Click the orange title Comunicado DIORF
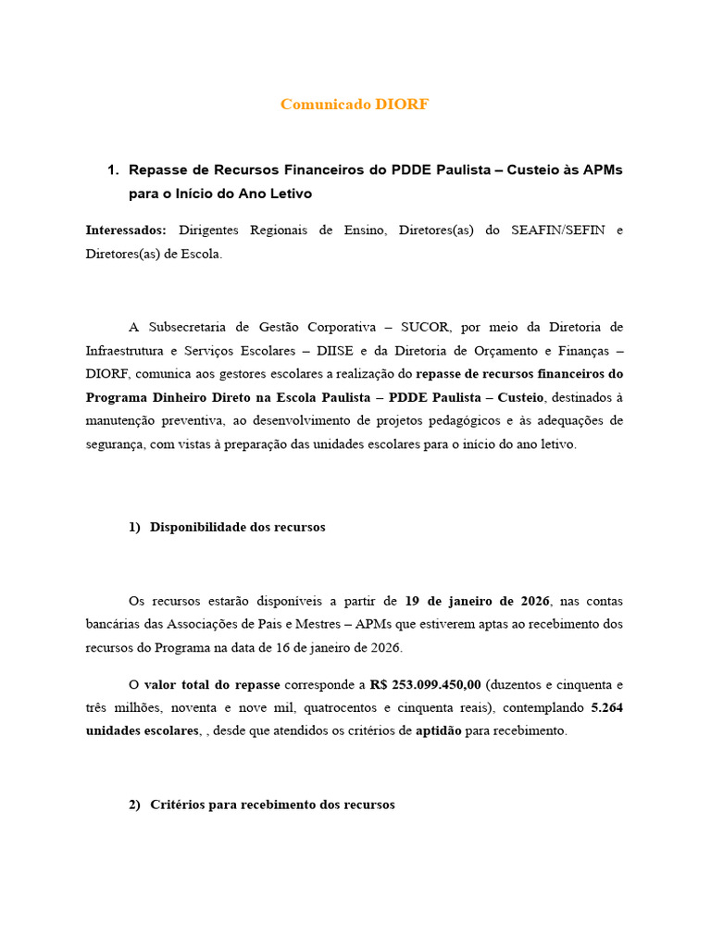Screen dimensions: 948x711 355,105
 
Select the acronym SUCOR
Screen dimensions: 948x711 427,327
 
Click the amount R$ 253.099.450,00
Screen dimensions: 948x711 425,684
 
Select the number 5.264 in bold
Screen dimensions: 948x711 606,707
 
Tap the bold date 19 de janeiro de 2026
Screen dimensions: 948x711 478,600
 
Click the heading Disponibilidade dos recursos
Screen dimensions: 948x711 237,527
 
